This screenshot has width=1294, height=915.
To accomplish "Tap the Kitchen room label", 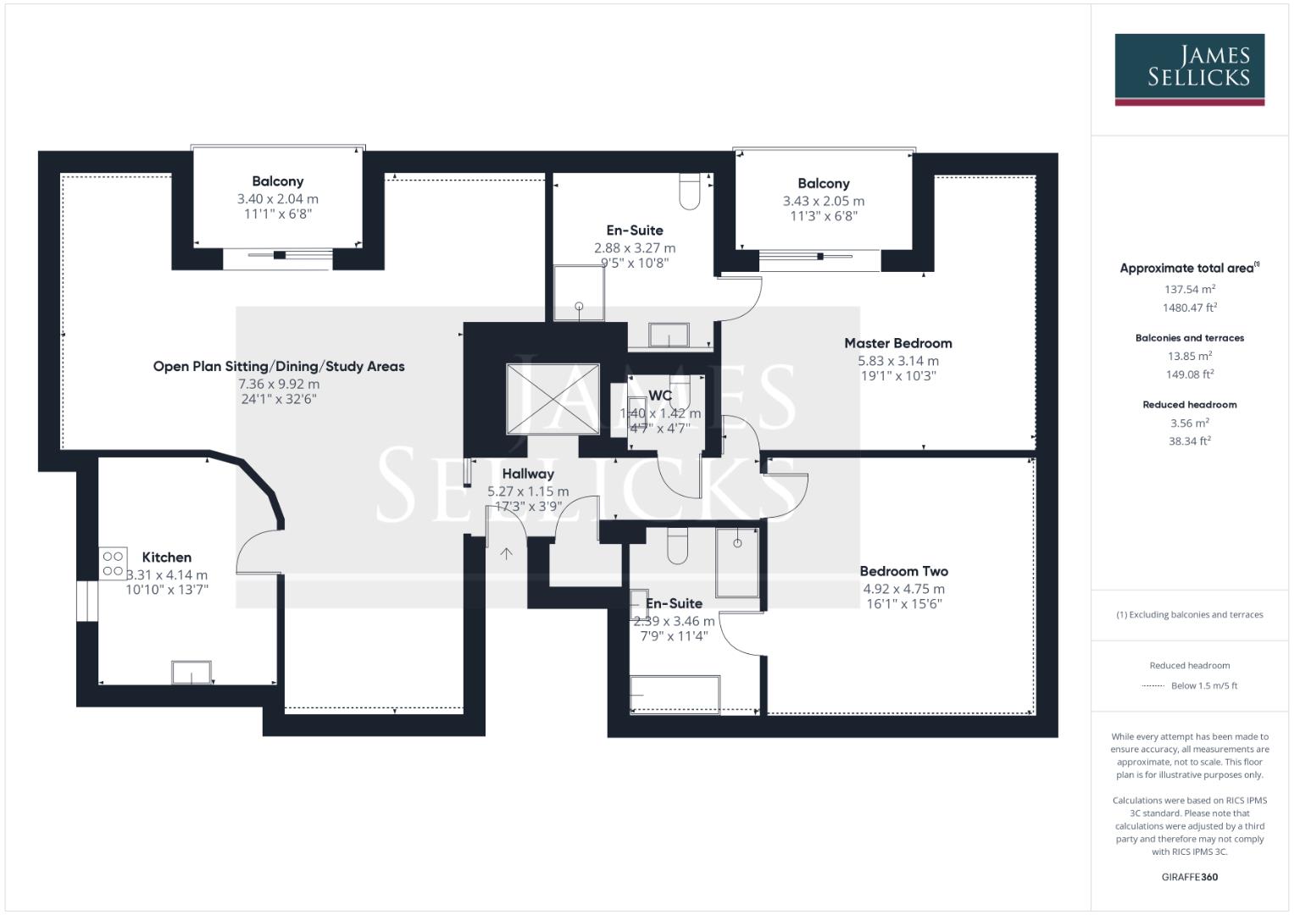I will (x=166, y=557).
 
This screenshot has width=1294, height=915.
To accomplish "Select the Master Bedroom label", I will (x=897, y=343).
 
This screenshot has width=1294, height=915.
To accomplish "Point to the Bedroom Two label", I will (x=903, y=572).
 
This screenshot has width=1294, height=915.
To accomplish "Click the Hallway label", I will (x=527, y=474).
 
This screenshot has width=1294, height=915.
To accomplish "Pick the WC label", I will (x=660, y=396).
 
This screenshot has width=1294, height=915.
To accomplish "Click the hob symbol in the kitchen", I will (x=113, y=563).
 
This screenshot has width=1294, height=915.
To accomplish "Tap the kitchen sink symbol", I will (x=192, y=672).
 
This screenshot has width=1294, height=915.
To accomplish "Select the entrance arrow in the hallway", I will (x=507, y=554).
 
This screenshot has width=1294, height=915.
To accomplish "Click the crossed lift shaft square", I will (x=553, y=398).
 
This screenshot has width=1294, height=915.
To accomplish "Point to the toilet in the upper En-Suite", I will (x=690, y=191).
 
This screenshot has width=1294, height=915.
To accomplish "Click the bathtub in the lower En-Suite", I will (x=675, y=694).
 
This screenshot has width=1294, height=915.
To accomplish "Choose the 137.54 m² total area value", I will (x=1189, y=289).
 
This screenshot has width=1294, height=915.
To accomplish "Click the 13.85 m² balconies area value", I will (x=1189, y=356).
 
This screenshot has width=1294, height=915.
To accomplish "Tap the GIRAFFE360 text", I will (x=1189, y=877).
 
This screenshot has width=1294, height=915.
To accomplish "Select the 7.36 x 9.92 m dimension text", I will (x=279, y=384).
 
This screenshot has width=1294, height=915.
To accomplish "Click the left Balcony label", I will (x=277, y=181).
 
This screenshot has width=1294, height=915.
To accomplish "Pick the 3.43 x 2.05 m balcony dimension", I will (x=823, y=202).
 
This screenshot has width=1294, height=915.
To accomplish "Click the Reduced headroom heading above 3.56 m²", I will (x=1189, y=405).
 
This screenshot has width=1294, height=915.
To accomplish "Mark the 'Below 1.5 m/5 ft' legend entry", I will (x=1203, y=685).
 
